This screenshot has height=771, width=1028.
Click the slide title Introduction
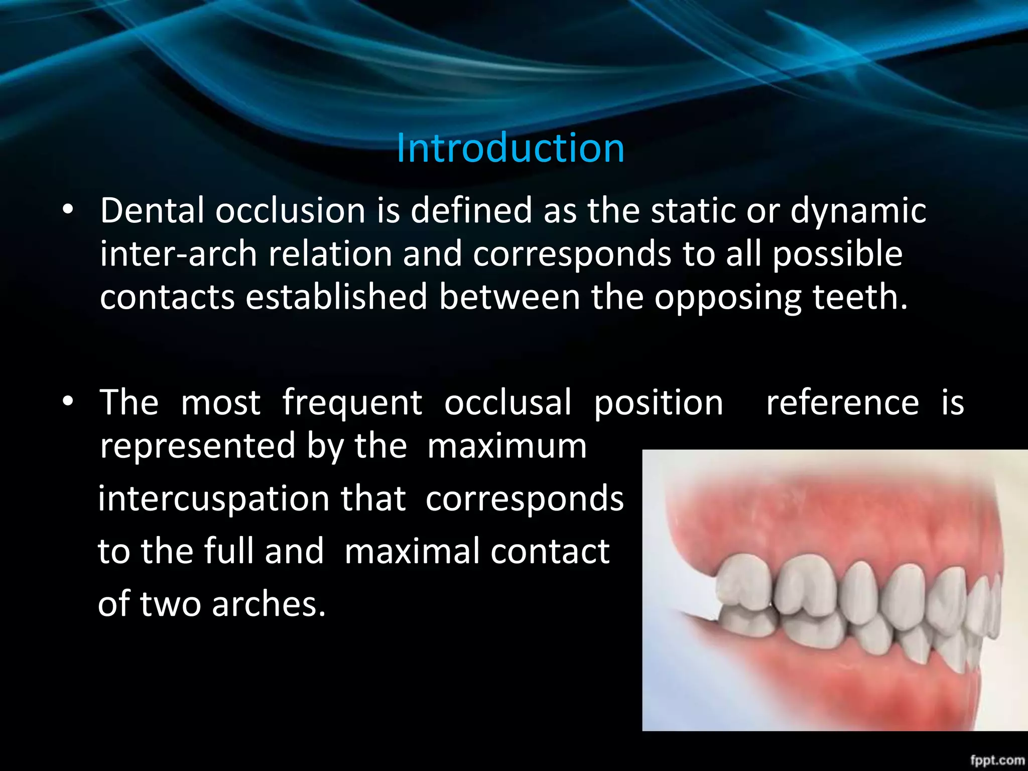510,149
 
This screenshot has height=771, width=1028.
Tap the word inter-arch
178,254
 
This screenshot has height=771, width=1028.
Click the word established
336,297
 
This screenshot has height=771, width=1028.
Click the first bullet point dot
68,210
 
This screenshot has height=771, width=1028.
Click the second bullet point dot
68,402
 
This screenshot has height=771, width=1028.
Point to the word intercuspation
214,500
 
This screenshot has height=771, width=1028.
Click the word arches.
269,604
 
